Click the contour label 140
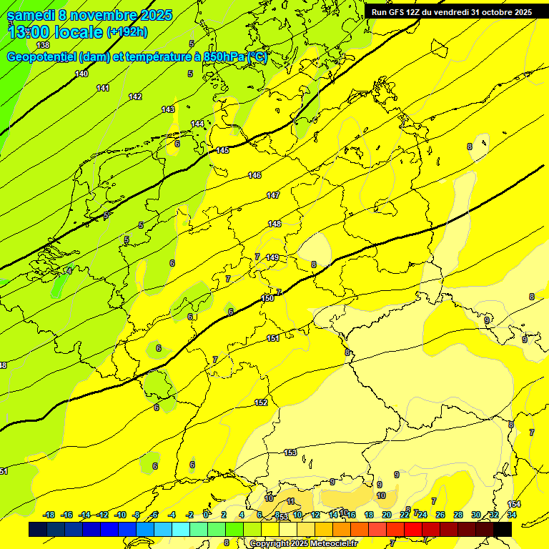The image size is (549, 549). click(81, 74)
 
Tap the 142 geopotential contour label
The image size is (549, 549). click(135, 97)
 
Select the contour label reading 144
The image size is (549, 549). click(197, 124)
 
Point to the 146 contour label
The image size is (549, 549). click(254, 175)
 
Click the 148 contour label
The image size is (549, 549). click(274, 224)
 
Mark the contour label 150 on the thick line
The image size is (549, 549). click(267, 298)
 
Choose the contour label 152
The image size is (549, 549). click(261, 402)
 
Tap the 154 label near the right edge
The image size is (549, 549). click(514, 504)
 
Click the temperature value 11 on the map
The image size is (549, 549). click(290, 501)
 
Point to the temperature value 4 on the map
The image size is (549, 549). click(69, 270)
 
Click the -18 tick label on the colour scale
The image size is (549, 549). click(49, 515)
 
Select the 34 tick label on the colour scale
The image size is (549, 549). click(512, 515)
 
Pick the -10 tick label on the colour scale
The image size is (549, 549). click(120, 515)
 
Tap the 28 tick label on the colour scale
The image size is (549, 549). click(458, 515)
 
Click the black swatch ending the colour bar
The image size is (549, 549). click(503, 529)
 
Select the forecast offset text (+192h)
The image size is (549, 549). click(127, 32)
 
